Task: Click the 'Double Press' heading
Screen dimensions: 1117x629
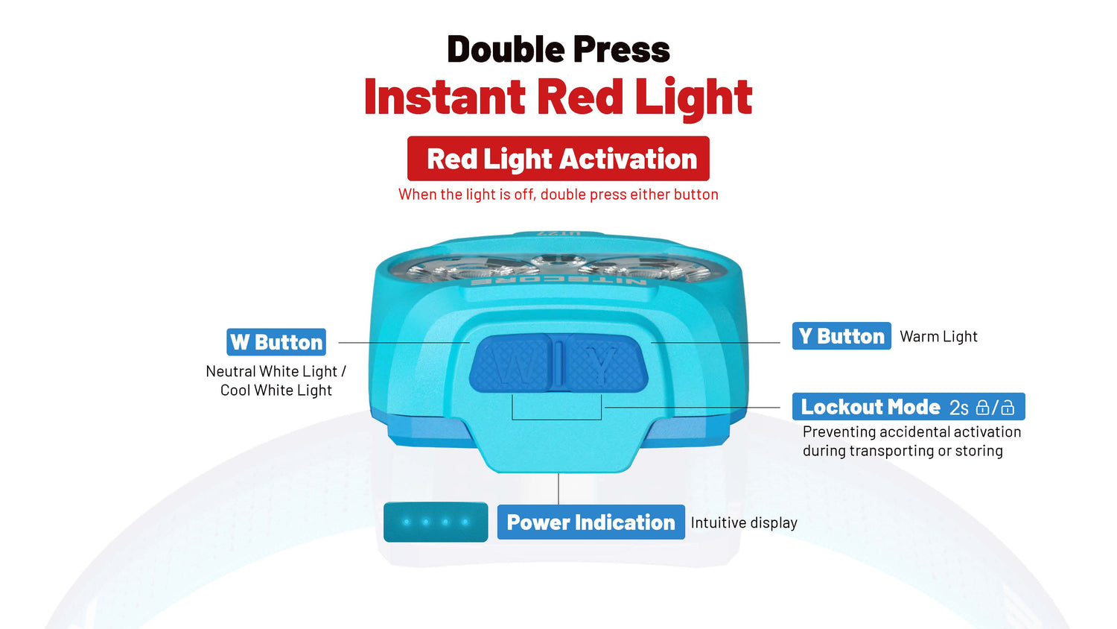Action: click(x=558, y=49)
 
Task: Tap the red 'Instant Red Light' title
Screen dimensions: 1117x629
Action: click(x=558, y=98)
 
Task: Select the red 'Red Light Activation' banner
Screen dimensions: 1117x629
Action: click(x=558, y=158)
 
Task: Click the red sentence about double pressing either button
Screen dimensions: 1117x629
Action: click(x=558, y=195)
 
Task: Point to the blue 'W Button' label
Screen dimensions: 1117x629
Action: click(x=276, y=342)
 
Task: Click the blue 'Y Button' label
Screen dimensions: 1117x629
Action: click(x=841, y=336)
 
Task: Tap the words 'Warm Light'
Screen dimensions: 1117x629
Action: click(x=938, y=336)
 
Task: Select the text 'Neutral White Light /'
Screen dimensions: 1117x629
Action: click(x=276, y=371)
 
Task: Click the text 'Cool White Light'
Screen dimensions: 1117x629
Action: click(x=276, y=391)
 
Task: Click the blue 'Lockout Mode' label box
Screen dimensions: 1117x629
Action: click(x=908, y=407)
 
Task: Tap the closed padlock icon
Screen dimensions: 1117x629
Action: click(x=982, y=408)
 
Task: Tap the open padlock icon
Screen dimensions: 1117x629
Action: click(x=1008, y=408)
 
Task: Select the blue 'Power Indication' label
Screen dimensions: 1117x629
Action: click(x=591, y=522)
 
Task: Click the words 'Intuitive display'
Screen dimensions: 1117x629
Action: click(x=744, y=523)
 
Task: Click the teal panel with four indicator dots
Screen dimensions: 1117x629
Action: click(x=436, y=522)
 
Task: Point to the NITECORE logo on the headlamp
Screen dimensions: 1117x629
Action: click(x=558, y=282)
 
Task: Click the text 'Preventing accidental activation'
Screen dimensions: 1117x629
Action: click(x=912, y=432)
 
